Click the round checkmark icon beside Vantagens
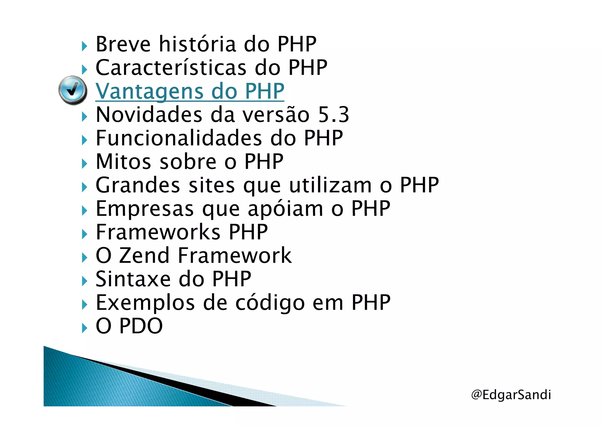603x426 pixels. coord(73,90)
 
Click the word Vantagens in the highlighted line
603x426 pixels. coord(150,91)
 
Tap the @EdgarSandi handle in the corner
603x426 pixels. coord(511,394)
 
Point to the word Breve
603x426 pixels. coord(123,44)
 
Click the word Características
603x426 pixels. coord(171,68)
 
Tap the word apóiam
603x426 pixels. coord(285,209)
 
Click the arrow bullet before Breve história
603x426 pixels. coord(85,46)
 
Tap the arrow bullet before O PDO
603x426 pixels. coord(85,328)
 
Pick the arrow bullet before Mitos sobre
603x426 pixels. coord(85,164)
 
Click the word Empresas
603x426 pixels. coord(145,209)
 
